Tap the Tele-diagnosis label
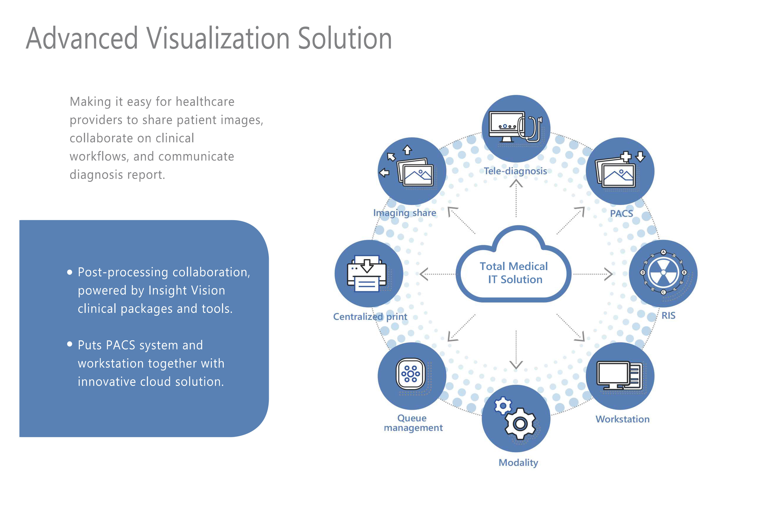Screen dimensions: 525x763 [x=515, y=171]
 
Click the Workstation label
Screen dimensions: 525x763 [x=622, y=419]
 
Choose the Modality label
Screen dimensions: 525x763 [x=518, y=463]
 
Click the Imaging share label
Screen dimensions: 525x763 [x=404, y=213]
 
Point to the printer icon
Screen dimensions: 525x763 [x=367, y=274]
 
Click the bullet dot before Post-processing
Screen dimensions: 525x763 [x=69, y=272]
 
